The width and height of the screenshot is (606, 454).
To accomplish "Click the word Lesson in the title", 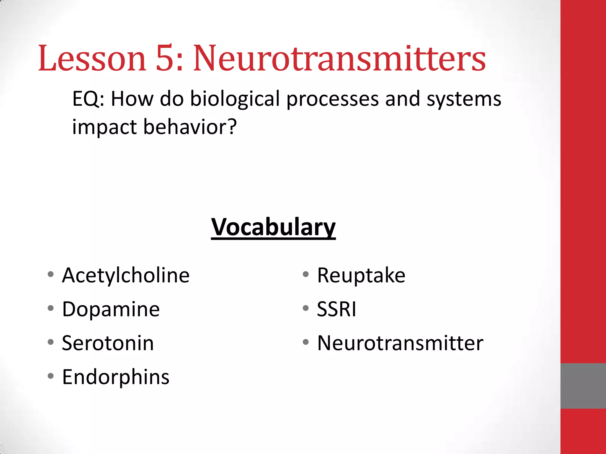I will coord(92,58).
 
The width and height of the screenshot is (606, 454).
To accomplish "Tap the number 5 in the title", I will coord(165,58).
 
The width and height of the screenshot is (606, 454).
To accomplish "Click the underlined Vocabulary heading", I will coord(273,227).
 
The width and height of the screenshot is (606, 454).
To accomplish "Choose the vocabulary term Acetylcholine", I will coord(126,275).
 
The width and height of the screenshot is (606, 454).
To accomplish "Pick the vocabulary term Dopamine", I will coord(111,309).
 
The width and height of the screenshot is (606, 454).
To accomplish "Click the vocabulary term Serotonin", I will coord(108,343).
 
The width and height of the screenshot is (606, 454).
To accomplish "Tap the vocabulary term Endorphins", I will coord(116,377).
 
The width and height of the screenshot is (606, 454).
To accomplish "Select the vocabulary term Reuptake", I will coord(361,275).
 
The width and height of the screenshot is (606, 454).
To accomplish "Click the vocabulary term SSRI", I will coord(336,309).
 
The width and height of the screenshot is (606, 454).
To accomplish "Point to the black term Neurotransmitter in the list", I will coord(400,343).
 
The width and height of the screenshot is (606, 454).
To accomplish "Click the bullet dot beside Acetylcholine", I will coord(51,274).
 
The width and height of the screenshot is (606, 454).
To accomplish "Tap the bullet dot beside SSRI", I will coord(306,308).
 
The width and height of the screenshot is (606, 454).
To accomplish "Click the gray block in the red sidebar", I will coord(583,386).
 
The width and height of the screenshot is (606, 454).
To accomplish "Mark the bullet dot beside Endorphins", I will coord(51,376).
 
